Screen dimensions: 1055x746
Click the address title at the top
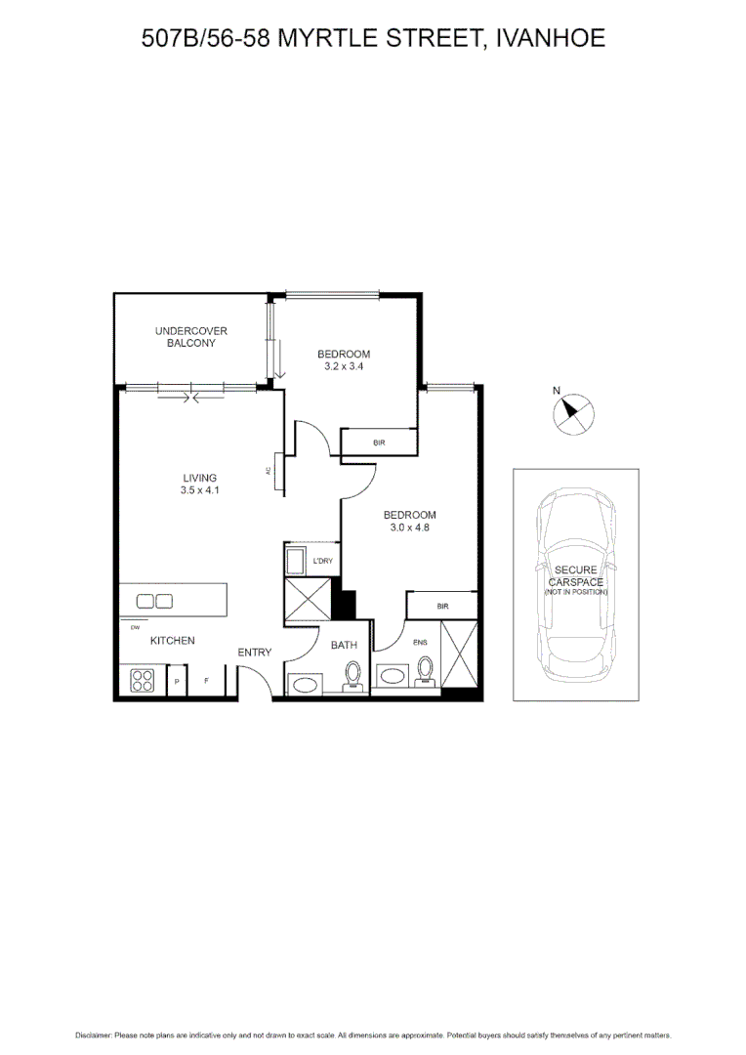tap(373, 39)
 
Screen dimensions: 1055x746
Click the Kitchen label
tap(172, 641)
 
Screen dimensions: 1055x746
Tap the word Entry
tap(255, 653)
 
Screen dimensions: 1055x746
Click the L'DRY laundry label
tap(323, 562)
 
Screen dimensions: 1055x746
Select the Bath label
tap(344, 645)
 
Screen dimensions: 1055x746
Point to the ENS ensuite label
tap(421, 643)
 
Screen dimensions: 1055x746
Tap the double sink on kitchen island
tap(154, 601)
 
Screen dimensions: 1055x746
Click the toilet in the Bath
tap(352, 674)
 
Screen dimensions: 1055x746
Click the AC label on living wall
tap(268, 471)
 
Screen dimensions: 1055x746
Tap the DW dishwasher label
tap(134, 627)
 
